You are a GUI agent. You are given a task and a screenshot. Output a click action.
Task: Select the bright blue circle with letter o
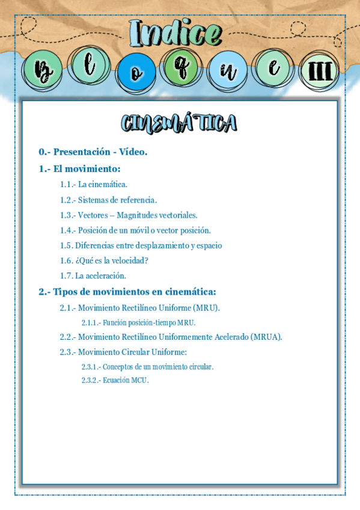pyautogui.click(x=136, y=73)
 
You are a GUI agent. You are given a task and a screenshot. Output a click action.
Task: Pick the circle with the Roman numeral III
pyautogui.click(x=319, y=72)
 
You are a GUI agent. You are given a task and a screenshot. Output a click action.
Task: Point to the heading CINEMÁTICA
pyautogui.click(x=179, y=123)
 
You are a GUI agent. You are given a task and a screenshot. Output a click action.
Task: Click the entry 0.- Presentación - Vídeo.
pyautogui.click(x=93, y=152)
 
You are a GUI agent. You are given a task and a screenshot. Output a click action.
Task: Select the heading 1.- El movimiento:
pyautogui.click(x=80, y=169)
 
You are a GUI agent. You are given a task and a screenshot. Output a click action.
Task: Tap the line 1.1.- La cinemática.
pyautogui.click(x=93, y=185)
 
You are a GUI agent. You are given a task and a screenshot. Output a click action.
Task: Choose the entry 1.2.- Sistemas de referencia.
pyautogui.click(x=108, y=200)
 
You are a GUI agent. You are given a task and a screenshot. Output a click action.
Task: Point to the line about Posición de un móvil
pyautogui.click(x=135, y=230)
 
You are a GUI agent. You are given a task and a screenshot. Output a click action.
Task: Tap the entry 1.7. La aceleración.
pyautogui.click(x=93, y=275)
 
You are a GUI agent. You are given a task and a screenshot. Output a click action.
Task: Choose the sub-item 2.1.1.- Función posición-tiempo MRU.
pyautogui.click(x=138, y=322)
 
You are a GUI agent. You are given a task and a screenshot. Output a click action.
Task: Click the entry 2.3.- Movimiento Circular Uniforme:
pyautogui.click(x=123, y=352)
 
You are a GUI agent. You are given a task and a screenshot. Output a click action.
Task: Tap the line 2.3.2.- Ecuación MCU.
pyautogui.click(x=115, y=380)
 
